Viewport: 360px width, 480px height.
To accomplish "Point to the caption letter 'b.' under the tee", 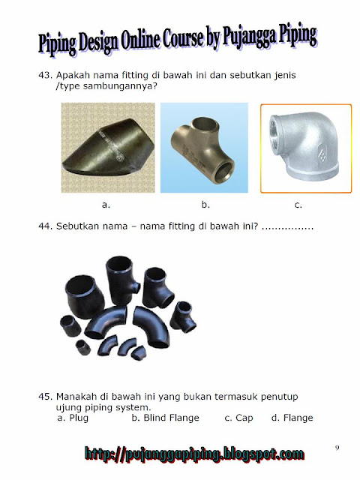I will click(x=205, y=204).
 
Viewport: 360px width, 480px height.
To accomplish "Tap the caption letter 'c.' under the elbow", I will click(x=299, y=204).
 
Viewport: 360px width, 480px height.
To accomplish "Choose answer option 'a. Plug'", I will click(x=73, y=418).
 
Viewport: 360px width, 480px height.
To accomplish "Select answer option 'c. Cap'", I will click(x=238, y=418).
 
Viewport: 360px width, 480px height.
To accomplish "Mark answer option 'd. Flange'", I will click(x=292, y=418).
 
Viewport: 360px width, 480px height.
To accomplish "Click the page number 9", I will click(x=337, y=448).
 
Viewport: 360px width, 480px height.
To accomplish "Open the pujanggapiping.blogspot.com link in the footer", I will click(x=195, y=454).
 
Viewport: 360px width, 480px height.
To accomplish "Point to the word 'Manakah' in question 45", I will click(x=77, y=395).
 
